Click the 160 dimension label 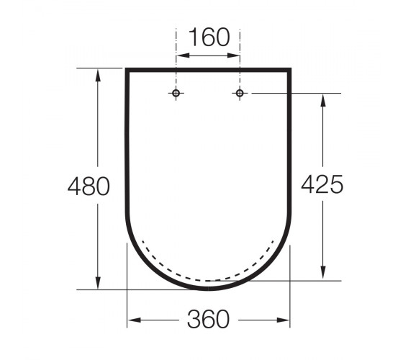(209, 37)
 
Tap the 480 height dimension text (89, 186)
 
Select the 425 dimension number (322, 184)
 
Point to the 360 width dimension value (208, 319)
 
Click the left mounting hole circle (176, 93)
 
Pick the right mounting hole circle (240, 93)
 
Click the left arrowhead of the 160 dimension (183, 55)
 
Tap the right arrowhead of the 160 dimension (233, 55)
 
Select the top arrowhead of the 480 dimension (98, 75)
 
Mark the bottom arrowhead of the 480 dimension (98, 283)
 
